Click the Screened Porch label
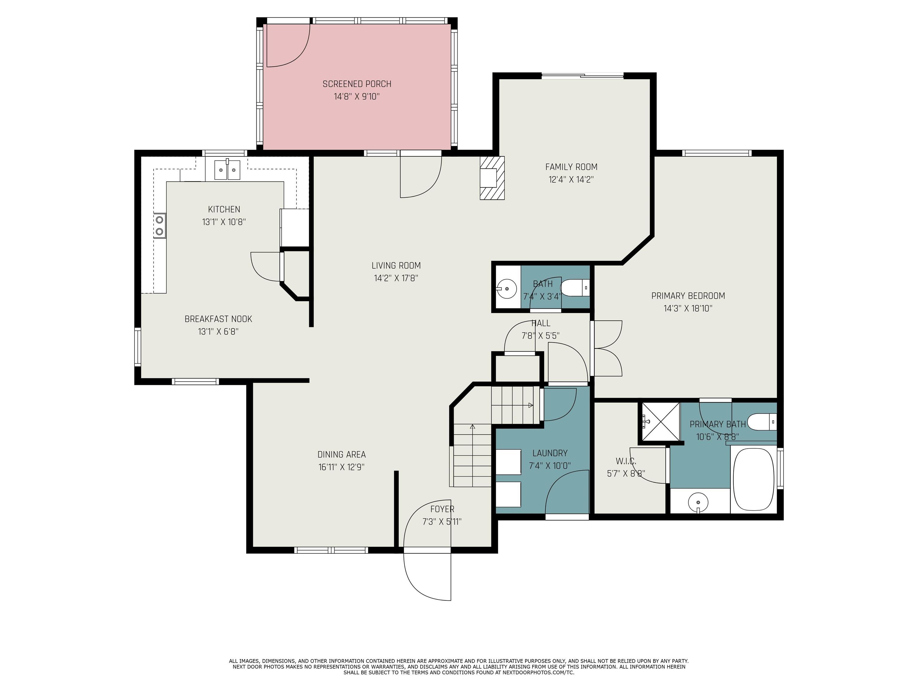coord(357,84)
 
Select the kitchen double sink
coord(227,170)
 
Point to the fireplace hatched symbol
coord(492,178)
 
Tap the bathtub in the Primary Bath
coord(753,480)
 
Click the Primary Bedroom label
coord(688,296)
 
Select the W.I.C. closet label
coord(626,461)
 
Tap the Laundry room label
coord(550,453)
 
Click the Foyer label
coord(442,509)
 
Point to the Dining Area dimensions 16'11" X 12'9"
coord(341,467)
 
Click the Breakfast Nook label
coord(218,319)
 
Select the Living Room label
coord(396,265)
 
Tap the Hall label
coord(541,323)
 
